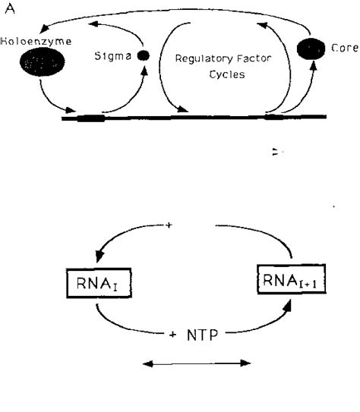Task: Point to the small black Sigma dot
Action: (142, 56)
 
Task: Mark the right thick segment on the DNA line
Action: (274, 117)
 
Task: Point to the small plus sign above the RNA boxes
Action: (168, 225)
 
